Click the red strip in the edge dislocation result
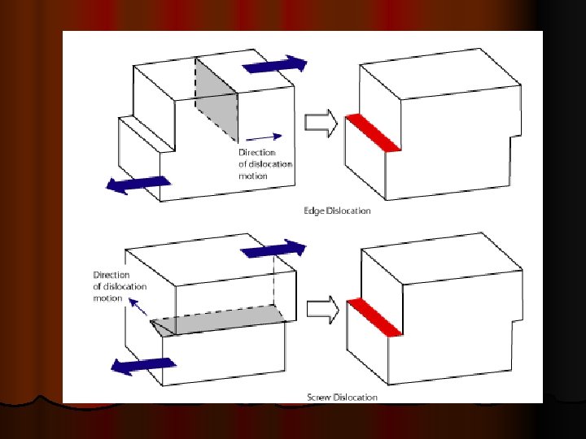374,133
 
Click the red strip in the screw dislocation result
375,317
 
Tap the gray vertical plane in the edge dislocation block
216,99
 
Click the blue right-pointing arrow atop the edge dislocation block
275,64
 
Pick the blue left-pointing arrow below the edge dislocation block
138,185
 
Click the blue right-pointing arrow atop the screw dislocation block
273,249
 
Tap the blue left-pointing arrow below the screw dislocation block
143,366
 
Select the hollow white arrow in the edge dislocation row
321,123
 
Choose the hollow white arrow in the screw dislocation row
323,310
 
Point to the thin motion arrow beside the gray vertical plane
264,137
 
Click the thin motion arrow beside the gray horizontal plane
138,306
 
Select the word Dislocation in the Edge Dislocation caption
348,211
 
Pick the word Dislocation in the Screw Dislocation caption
355,398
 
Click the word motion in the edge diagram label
253,176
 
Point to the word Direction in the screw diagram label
112,275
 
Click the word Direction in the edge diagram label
257,152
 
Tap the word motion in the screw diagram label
107,298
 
